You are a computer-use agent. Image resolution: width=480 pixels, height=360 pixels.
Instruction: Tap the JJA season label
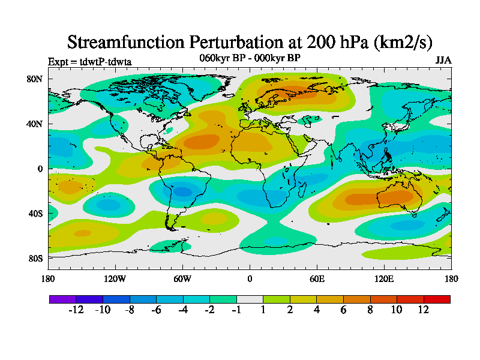[443, 61]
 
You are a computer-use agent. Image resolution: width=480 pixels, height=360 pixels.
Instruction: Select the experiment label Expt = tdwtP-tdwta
[89, 62]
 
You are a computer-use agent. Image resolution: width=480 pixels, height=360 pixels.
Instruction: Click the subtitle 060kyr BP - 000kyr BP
[250, 58]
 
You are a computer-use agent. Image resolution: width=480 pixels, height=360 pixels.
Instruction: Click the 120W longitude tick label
[115, 278]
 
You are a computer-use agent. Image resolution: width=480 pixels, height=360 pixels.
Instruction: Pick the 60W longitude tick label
[182, 278]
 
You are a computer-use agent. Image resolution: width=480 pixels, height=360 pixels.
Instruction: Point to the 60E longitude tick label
[317, 278]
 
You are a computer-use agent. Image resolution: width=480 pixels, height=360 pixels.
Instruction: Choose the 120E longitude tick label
[384, 278]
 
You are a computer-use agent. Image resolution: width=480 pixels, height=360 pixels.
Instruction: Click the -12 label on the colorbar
[76, 310]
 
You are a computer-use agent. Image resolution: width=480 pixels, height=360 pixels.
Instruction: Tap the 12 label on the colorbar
[424, 310]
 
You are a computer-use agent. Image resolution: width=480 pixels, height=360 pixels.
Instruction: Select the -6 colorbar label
[156, 310]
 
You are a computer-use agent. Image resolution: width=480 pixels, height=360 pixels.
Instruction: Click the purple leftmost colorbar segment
[62, 299]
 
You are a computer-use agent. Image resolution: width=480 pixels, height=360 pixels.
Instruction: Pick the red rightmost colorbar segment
[437, 299]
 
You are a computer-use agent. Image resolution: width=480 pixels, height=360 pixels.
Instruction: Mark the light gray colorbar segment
[250, 299]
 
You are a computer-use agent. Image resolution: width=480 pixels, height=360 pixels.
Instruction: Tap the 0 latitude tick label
[40, 169]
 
